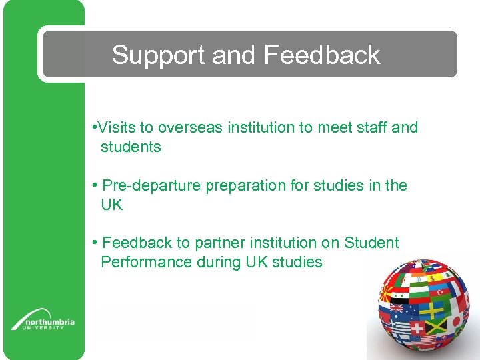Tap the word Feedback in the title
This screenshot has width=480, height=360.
click(x=322, y=55)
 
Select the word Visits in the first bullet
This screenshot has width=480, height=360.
click(x=118, y=127)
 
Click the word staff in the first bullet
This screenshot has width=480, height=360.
click(x=371, y=127)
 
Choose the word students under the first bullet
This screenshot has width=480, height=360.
click(x=131, y=147)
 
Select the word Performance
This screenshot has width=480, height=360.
click(x=146, y=262)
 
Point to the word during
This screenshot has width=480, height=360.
click(x=219, y=262)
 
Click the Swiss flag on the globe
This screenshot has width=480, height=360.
click(x=418, y=329)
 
